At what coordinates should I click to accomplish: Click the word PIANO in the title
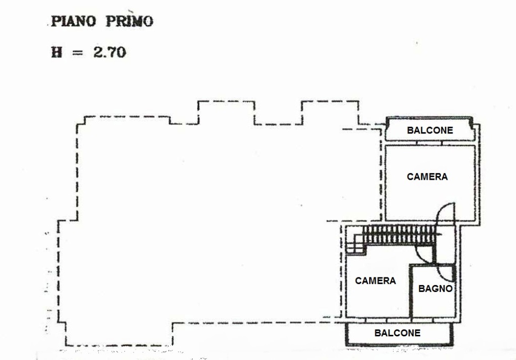pyautogui.click(x=74, y=21)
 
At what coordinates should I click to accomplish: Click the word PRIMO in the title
pyautogui.click(x=130, y=21)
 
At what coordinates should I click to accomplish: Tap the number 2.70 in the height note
pyautogui.click(x=109, y=52)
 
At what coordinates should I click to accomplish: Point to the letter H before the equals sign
pyautogui.click(x=56, y=52)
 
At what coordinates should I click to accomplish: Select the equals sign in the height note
pyautogui.click(x=77, y=52)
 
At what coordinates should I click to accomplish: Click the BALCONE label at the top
pyautogui.click(x=430, y=130)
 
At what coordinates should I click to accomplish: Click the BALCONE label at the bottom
pyautogui.click(x=397, y=333)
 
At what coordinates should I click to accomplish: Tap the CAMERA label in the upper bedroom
pyautogui.click(x=427, y=177)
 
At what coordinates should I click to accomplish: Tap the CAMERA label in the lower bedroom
pyautogui.click(x=375, y=281)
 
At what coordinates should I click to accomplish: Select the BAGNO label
pyautogui.click(x=435, y=289)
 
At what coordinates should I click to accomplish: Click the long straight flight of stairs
pyautogui.click(x=399, y=235)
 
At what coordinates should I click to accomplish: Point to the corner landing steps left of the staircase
pyautogui.click(x=355, y=244)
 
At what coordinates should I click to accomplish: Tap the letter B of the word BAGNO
pyautogui.click(x=422, y=289)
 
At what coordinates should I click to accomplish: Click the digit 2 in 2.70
pyautogui.click(x=98, y=52)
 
